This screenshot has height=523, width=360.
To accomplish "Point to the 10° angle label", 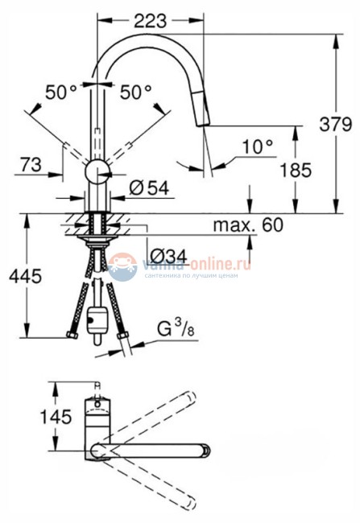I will [257, 146].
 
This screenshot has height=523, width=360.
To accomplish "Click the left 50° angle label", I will [60, 93].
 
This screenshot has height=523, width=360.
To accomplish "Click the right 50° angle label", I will [136, 93].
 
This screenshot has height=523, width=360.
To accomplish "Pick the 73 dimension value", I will [30, 164].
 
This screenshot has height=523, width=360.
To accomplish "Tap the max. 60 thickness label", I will [248, 225].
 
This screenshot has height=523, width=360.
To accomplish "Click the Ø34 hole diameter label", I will [170, 257].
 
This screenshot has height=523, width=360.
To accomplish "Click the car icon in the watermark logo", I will [122, 265].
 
